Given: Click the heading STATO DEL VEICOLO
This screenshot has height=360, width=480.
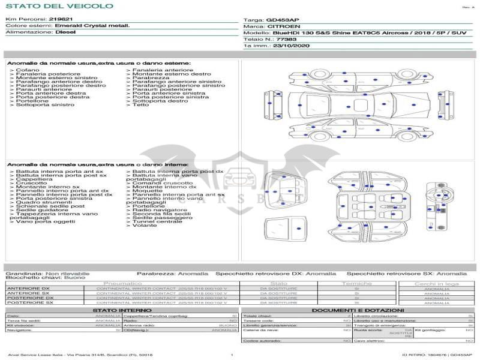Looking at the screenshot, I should point(59,6).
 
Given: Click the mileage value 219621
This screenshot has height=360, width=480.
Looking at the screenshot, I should point(61,20).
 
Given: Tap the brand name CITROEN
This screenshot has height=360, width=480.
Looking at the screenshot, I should point(280,26).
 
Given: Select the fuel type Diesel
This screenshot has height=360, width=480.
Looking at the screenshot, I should point(65,32).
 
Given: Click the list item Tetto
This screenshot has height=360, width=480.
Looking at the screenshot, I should point(140,106).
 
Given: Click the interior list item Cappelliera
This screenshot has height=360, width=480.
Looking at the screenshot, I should point(34,179).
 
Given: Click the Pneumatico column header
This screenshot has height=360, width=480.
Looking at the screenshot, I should point(122,283).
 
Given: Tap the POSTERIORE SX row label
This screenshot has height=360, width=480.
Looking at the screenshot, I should point(29,302).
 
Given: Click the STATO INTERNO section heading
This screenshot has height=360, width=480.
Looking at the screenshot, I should point(118,310).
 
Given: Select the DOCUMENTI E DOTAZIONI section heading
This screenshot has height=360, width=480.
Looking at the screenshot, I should point(357,310).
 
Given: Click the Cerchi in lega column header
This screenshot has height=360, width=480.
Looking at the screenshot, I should point(436,283).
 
